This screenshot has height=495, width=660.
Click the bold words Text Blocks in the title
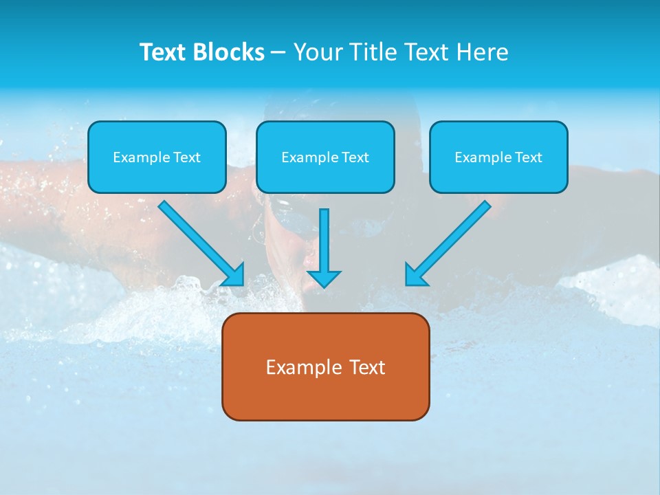pyautogui.click(x=201, y=52)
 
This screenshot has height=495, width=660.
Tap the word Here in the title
pyautogui.click(x=481, y=52)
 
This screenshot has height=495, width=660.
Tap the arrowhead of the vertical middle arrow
pyautogui.click(x=324, y=278)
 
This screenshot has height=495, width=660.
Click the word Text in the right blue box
pyautogui.click(x=529, y=157)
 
